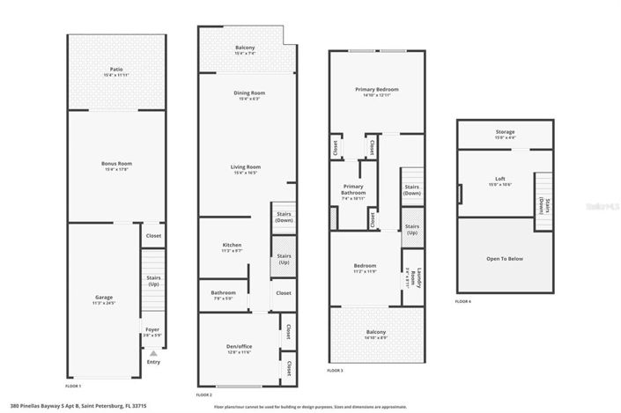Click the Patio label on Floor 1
click(x=116, y=69)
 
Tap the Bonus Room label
click(x=116, y=164)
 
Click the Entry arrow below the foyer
click(x=153, y=353)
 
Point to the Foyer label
click(x=153, y=332)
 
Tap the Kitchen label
click(x=232, y=245)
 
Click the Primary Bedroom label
click(x=377, y=90)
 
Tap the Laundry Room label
click(x=421, y=278)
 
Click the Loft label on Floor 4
click(x=499, y=180)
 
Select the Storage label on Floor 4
click(x=506, y=133)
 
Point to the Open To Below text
click(x=505, y=259)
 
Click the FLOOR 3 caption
click(x=334, y=372)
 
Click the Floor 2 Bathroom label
click(x=223, y=293)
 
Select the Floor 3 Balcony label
click(x=375, y=333)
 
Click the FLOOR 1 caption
click(x=73, y=387)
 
